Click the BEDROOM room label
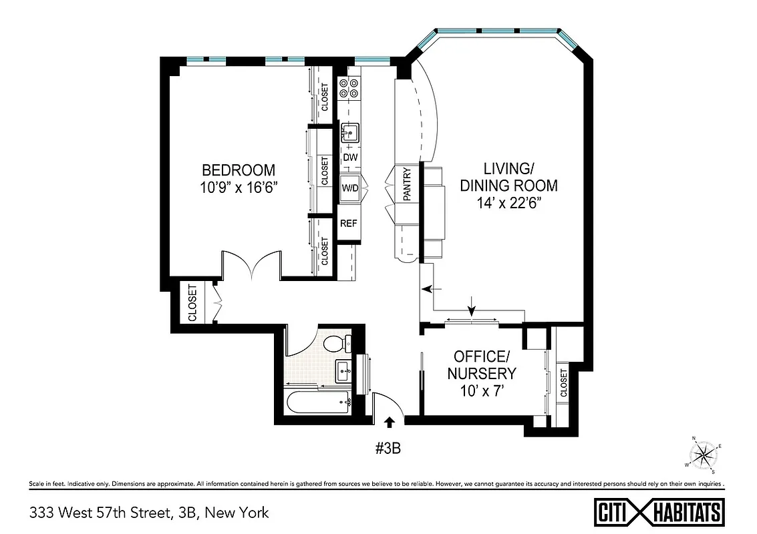pos(239,170)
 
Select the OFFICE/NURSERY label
pos(482,364)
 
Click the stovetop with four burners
pos(349,89)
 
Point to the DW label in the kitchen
pos(350,158)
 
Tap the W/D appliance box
pos(350,188)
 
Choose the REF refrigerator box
pos(349,224)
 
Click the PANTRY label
pos(407,183)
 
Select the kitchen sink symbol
pos(349,133)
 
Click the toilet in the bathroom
pos(335,344)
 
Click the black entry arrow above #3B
pos(390,421)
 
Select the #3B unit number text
pos(387,448)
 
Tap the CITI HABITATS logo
pos(659,513)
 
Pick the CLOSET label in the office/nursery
pos(563,383)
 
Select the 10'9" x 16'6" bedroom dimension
pos(239,188)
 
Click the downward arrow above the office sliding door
pos(472,309)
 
